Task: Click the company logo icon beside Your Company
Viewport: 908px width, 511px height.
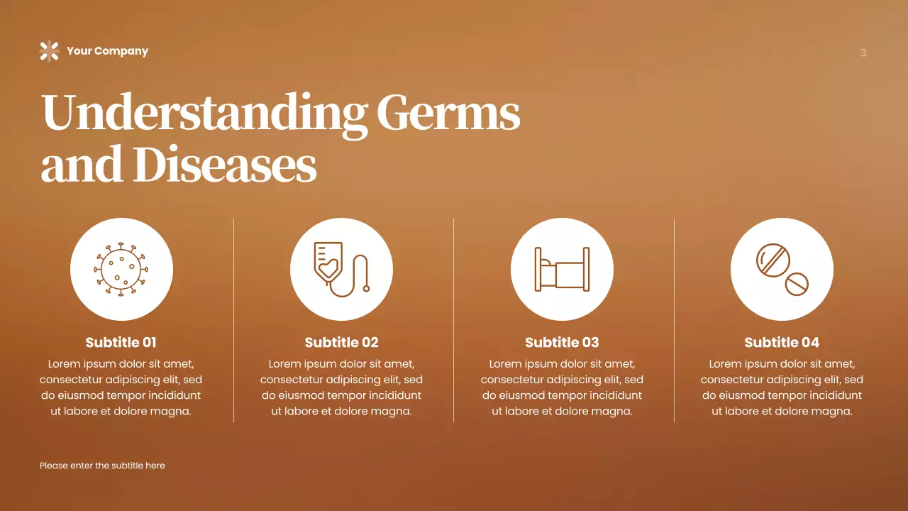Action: pyautogui.click(x=49, y=51)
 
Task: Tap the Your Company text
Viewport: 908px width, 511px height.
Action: pyautogui.click(x=107, y=51)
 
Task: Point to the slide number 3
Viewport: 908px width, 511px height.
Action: pyautogui.click(x=863, y=53)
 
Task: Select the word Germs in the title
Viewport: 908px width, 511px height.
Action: pyautogui.click(x=448, y=114)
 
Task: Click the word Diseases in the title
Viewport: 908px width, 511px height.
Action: pyautogui.click(x=225, y=165)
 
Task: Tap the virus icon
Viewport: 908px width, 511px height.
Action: pyautogui.click(x=121, y=269)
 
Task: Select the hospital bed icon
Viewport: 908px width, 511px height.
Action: pyautogui.click(x=562, y=269)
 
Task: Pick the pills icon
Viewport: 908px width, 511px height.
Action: pyautogui.click(x=782, y=269)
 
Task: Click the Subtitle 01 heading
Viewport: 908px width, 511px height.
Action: pyautogui.click(x=121, y=342)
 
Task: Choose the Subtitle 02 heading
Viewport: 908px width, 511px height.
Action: pyautogui.click(x=341, y=342)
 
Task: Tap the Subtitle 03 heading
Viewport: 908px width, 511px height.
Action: pyautogui.click(x=562, y=342)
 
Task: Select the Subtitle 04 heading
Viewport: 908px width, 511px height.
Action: pyautogui.click(x=782, y=342)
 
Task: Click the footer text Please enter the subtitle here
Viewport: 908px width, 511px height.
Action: pyautogui.click(x=102, y=466)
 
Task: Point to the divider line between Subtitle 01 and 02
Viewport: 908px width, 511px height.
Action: pyautogui.click(x=233, y=319)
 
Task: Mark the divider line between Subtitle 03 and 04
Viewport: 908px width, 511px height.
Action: pyautogui.click(x=674, y=319)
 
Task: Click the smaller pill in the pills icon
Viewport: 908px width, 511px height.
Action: pyautogui.click(x=796, y=284)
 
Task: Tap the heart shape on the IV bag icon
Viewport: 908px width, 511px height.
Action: pyautogui.click(x=328, y=271)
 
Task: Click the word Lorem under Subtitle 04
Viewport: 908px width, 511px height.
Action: pyautogui.click(x=726, y=364)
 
